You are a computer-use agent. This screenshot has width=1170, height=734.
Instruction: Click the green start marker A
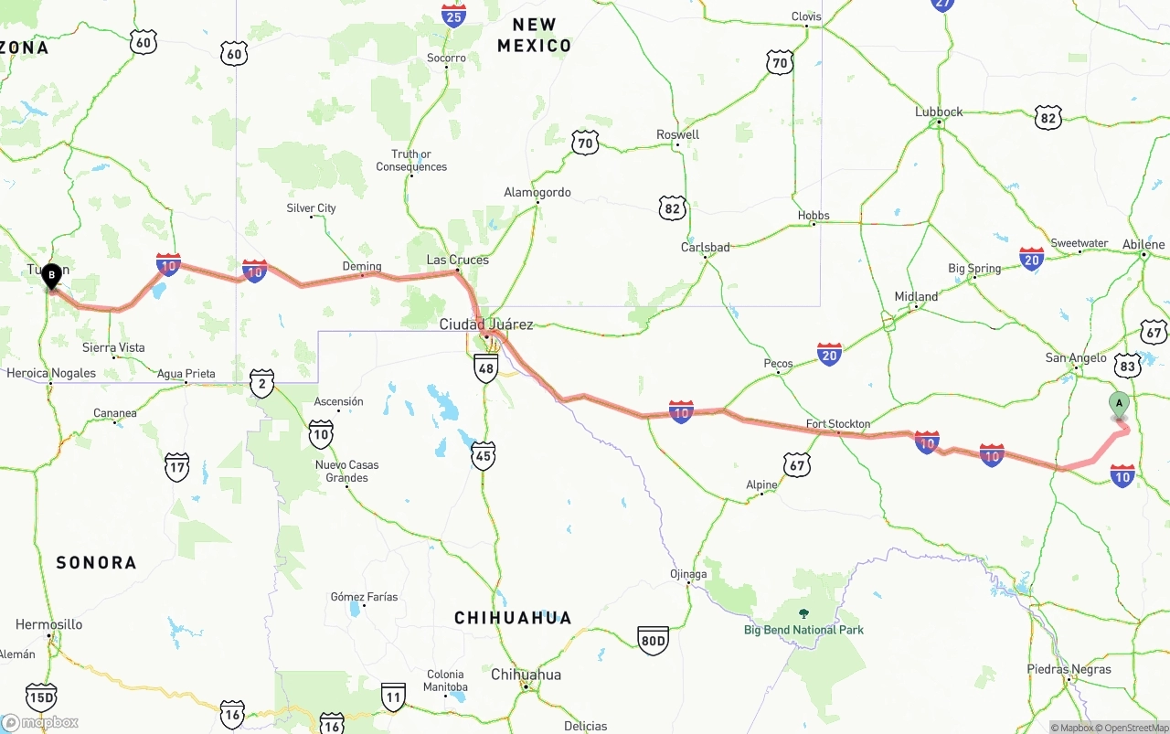[x=1119, y=404]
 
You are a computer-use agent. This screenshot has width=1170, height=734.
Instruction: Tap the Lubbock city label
[x=939, y=112]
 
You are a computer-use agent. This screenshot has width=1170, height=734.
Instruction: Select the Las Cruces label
[x=458, y=261]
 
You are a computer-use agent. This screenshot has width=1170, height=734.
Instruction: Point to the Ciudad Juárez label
[x=485, y=324]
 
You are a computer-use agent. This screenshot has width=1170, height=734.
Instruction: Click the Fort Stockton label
[x=838, y=424]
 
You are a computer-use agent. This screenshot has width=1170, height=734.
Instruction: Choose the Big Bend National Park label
[x=803, y=630]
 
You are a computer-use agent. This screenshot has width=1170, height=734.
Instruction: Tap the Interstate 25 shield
[x=453, y=15]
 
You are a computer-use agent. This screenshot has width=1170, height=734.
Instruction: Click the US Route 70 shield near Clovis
[x=780, y=63]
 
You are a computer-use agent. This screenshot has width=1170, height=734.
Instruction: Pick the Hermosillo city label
[x=48, y=625]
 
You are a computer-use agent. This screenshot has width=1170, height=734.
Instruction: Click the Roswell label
[x=678, y=135]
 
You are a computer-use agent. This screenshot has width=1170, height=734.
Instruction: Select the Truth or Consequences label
[x=411, y=161]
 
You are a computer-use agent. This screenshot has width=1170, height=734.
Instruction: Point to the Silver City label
[x=312, y=208]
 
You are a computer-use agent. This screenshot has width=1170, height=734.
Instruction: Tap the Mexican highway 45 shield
[x=484, y=455]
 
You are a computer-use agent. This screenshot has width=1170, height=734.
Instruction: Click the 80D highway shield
[x=653, y=639]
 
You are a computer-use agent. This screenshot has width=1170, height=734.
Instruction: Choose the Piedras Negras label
[x=1069, y=669]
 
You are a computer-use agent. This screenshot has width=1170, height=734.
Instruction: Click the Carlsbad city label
[x=706, y=248]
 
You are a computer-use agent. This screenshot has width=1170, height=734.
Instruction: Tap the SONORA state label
[x=96, y=563]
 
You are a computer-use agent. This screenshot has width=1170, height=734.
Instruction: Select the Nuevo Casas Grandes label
[x=347, y=472]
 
